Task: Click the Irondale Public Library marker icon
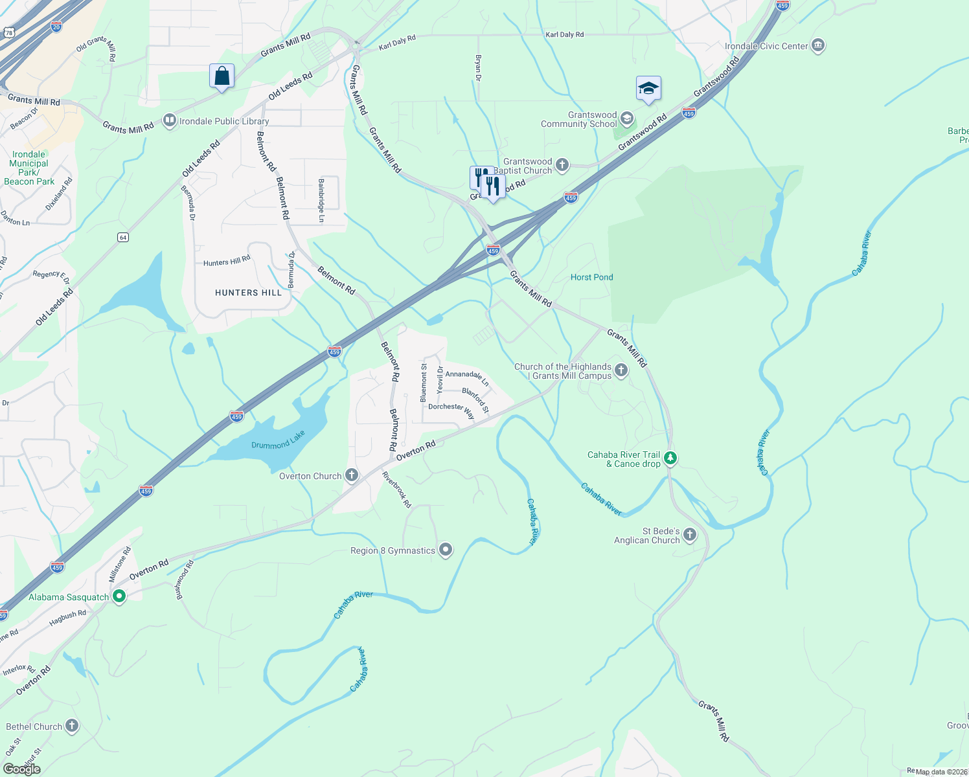click(170, 120)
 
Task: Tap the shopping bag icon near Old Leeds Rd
click(222, 76)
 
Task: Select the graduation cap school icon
click(648, 89)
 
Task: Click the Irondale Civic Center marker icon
click(817, 46)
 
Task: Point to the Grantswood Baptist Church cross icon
click(562, 165)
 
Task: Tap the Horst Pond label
click(591, 277)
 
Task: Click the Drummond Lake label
click(278, 441)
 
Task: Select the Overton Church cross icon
click(352, 476)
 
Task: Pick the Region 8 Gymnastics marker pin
click(446, 550)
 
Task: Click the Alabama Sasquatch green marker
click(119, 596)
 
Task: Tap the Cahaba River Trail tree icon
click(670, 458)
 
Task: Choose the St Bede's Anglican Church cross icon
click(690, 535)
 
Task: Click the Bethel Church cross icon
click(72, 726)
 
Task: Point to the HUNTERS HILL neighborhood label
click(249, 293)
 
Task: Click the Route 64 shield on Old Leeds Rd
click(123, 238)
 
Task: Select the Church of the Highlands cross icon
click(621, 370)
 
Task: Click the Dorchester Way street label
click(451, 409)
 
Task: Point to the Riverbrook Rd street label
click(396, 490)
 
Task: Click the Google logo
click(21, 769)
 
